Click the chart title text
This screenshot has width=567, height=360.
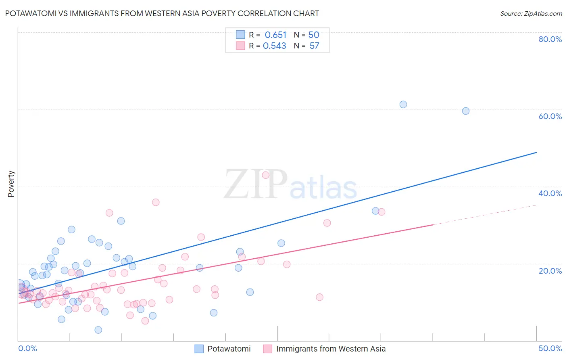(162, 13)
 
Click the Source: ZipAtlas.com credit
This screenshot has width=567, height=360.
(531, 13)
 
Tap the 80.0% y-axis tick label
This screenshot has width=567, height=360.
(550, 39)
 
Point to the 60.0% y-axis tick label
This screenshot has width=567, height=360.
(550, 116)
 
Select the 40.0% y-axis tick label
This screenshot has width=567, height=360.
(550, 193)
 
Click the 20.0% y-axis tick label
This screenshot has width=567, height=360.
(550, 270)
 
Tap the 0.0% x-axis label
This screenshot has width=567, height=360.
(27, 348)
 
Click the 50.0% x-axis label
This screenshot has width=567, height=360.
(550, 348)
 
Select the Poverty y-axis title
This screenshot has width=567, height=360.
(11, 184)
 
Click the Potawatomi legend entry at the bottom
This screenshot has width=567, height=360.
(229, 349)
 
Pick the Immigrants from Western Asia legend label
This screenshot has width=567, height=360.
(331, 349)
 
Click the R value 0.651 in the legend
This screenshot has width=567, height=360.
(275, 35)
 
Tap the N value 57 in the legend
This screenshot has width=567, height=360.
(314, 46)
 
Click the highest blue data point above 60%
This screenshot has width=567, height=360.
(403, 105)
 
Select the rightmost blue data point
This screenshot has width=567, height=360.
(465, 111)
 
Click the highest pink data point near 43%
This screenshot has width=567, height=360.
(265, 175)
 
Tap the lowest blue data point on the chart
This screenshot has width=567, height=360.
(98, 330)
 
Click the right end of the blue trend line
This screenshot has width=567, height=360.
(536, 153)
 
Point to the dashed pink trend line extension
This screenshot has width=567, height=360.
(484, 215)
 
